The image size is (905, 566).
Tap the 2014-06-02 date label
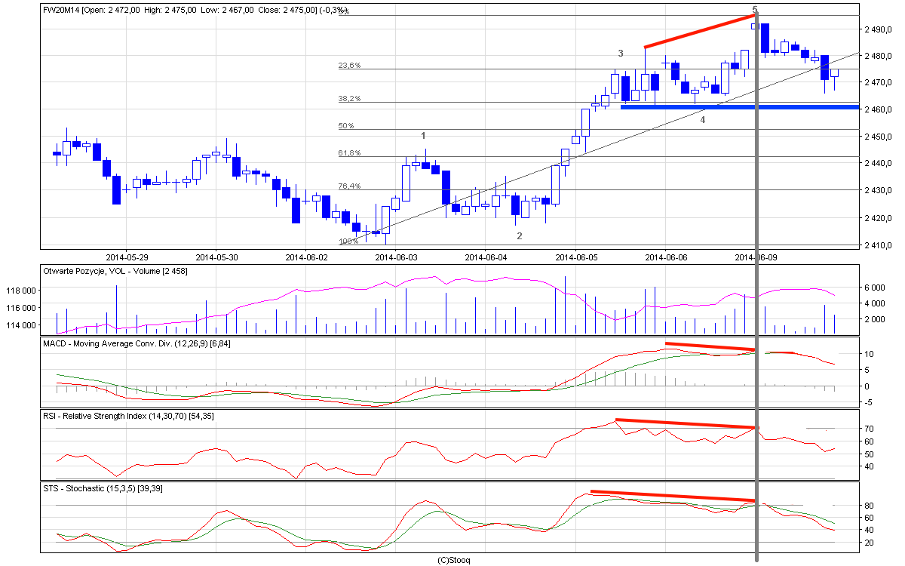click(x=306, y=257)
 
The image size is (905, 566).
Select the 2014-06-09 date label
click(x=756, y=257)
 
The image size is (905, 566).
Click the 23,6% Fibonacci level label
click(x=349, y=66)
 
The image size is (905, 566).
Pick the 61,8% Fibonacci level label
click(x=349, y=153)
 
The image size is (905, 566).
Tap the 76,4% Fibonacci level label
click(x=349, y=186)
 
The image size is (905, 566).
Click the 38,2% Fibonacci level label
click(x=349, y=99)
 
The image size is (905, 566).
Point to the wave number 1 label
click(x=424, y=136)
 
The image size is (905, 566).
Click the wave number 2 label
click(x=519, y=236)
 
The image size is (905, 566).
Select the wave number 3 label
click(x=621, y=54)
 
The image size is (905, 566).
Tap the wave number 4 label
click(x=703, y=119)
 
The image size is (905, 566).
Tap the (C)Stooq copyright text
click(x=453, y=560)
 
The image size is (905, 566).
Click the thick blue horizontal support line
click(x=739, y=107)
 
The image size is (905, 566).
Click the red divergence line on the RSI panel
click(x=686, y=423)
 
